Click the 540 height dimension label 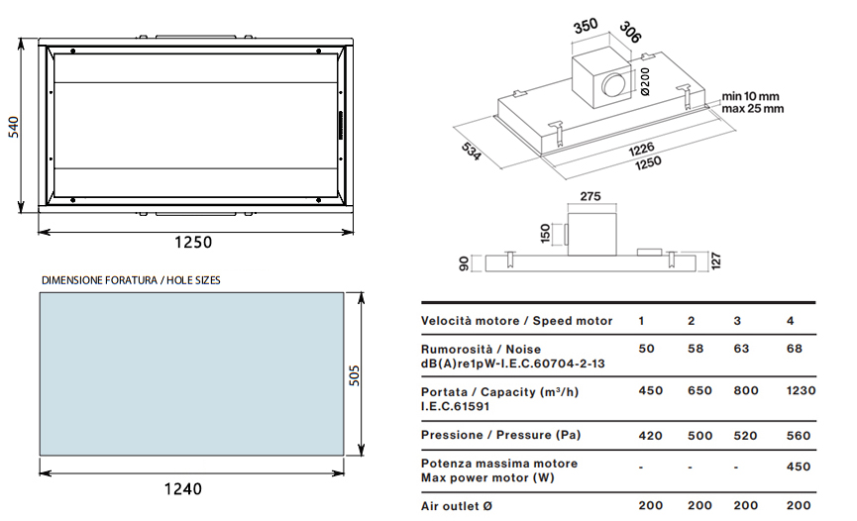point(14,127)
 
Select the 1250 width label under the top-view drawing point(193,243)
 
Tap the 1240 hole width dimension point(183,488)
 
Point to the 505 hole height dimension point(354,375)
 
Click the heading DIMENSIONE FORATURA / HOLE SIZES point(131,280)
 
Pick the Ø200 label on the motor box point(645,81)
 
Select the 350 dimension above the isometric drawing point(586,26)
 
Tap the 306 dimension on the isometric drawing point(630,33)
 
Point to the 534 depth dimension point(472,152)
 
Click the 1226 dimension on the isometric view point(641,150)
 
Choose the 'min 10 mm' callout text point(750,97)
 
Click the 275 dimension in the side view point(590,196)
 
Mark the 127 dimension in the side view point(716,260)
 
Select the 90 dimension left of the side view point(464,263)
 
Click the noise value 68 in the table point(795,349)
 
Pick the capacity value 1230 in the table point(801,391)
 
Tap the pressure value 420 point(650,436)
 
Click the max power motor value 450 point(798,467)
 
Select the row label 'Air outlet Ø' point(457,506)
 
